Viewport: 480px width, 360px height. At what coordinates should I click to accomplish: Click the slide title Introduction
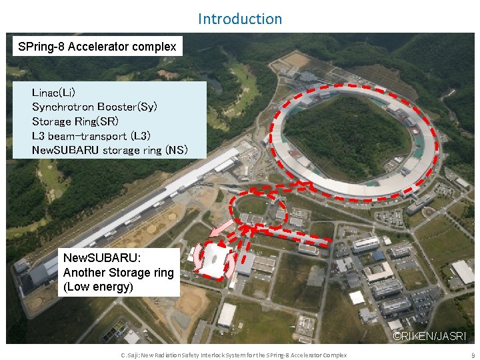(x=240, y=19)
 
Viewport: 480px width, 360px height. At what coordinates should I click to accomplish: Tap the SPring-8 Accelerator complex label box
(x=97, y=47)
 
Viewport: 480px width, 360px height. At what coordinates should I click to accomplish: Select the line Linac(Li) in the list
(x=58, y=92)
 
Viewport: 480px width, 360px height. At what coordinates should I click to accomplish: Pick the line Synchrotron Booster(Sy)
(x=95, y=107)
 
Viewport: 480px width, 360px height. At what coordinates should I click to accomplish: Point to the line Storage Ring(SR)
(x=75, y=121)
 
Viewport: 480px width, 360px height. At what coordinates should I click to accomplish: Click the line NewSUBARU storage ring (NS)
(x=110, y=151)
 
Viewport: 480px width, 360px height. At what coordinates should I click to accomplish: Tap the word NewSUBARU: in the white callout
(x=102, y=258)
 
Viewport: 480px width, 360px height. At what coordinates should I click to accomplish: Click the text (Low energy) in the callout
(x=98, y=287)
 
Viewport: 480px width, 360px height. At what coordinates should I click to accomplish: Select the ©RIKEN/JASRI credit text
(x=429, y=337)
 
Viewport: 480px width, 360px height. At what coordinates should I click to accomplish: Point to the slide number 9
(x=473, y=355)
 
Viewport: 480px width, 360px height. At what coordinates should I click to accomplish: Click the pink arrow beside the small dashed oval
(x=219, y=229)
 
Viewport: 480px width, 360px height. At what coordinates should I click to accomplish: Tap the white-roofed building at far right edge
(x=463, y=271)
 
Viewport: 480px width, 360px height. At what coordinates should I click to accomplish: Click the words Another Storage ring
(x=118, y=273)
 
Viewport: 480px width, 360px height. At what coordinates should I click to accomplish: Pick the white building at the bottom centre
(x=227, y=314)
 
